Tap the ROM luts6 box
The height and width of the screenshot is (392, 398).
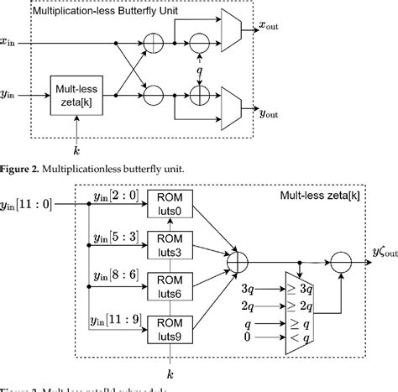[172, 285]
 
